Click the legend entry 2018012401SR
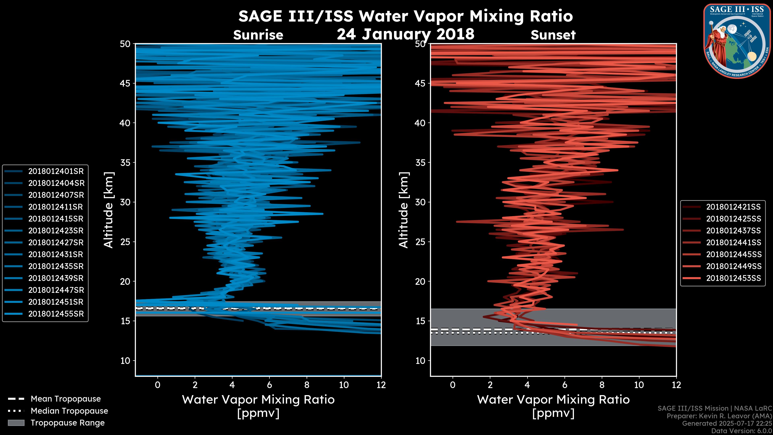(x=56, y=171)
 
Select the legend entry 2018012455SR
(x=56, y=314)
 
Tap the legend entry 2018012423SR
(x=56, y=231)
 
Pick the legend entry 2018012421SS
(x=733, y=207)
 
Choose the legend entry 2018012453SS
(x=733, y=278)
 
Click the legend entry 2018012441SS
(x=733, y=242)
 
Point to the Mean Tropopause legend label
(x=66, y=399)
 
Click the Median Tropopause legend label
(x=69, y=411)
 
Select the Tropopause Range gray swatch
(x=16, y=423)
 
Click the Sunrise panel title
(x=258, y=35)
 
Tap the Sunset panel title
(x=553, y=35)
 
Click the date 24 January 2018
(x=405, y=34)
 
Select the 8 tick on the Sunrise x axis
(x=307, y=385)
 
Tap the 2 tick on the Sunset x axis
(x=490, y=385)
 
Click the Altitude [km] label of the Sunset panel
(x=404, y=210)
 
